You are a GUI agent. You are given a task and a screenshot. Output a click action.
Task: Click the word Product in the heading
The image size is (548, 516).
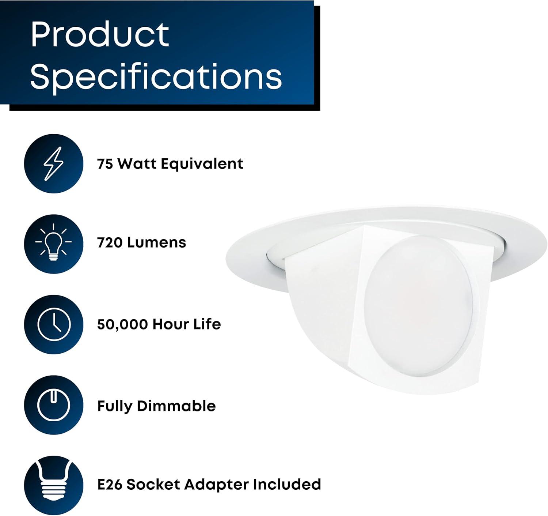click(x=100, y=34)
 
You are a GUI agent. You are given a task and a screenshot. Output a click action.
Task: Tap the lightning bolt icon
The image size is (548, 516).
click(x=54, y=163)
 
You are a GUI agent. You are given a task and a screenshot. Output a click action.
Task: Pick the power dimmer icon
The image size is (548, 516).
click(x=54, y=405)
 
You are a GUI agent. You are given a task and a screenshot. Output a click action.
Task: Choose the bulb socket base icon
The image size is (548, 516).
click(x=54, y=486)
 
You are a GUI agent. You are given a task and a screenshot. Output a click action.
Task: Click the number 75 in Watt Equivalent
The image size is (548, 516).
click(x=105, y=164)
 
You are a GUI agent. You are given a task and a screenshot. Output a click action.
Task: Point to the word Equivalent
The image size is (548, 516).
click(x=202, y=164)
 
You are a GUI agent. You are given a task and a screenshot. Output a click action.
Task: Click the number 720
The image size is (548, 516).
click(x=110, y=243)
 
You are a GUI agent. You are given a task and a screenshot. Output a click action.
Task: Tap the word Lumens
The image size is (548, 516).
click(x=156, y=243)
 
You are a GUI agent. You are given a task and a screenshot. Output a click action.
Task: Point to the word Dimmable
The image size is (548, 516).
click(x=176, y=406)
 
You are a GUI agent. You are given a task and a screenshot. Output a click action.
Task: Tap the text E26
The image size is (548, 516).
click(x=110, y=485)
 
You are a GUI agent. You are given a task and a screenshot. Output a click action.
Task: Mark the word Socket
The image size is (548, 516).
click(x=153, y=485)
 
